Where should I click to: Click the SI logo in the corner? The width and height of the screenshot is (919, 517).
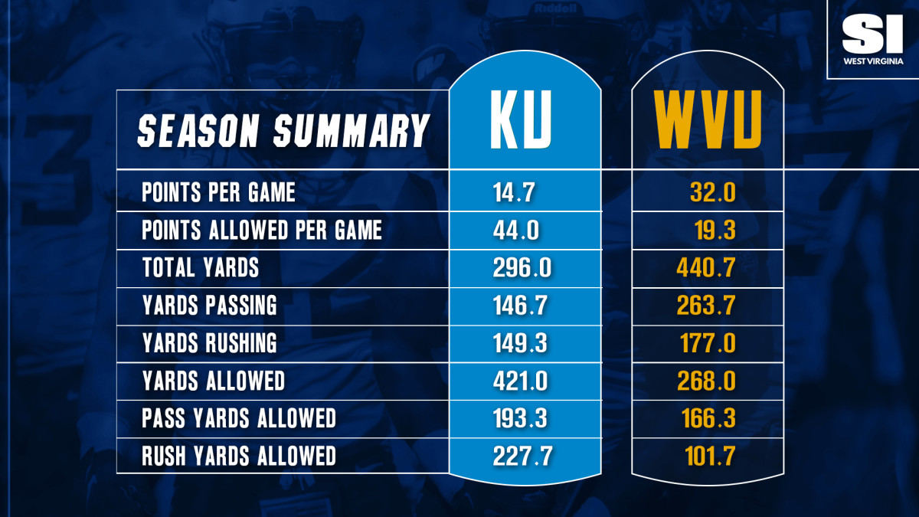[873, 34]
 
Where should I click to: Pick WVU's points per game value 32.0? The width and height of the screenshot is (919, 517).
[712, 192]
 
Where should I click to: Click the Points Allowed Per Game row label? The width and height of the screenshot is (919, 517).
[262, 231]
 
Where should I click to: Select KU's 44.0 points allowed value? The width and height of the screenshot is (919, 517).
[519, 231]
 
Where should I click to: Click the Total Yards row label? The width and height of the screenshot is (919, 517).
[201, 268]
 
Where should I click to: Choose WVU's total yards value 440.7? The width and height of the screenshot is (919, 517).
[706, 268]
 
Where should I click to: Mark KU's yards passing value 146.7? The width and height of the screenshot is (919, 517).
[521, 306]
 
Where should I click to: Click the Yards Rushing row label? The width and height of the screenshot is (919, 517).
[209, 343]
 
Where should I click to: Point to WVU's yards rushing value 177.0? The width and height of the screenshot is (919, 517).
[708, 343]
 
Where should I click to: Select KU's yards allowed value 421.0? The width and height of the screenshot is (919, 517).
[521, 381]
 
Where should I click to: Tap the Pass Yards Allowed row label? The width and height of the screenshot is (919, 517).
[239, 418]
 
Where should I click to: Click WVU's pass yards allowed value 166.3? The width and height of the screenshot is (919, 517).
[708, 418]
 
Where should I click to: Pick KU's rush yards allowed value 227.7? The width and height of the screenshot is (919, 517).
[522, 456]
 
